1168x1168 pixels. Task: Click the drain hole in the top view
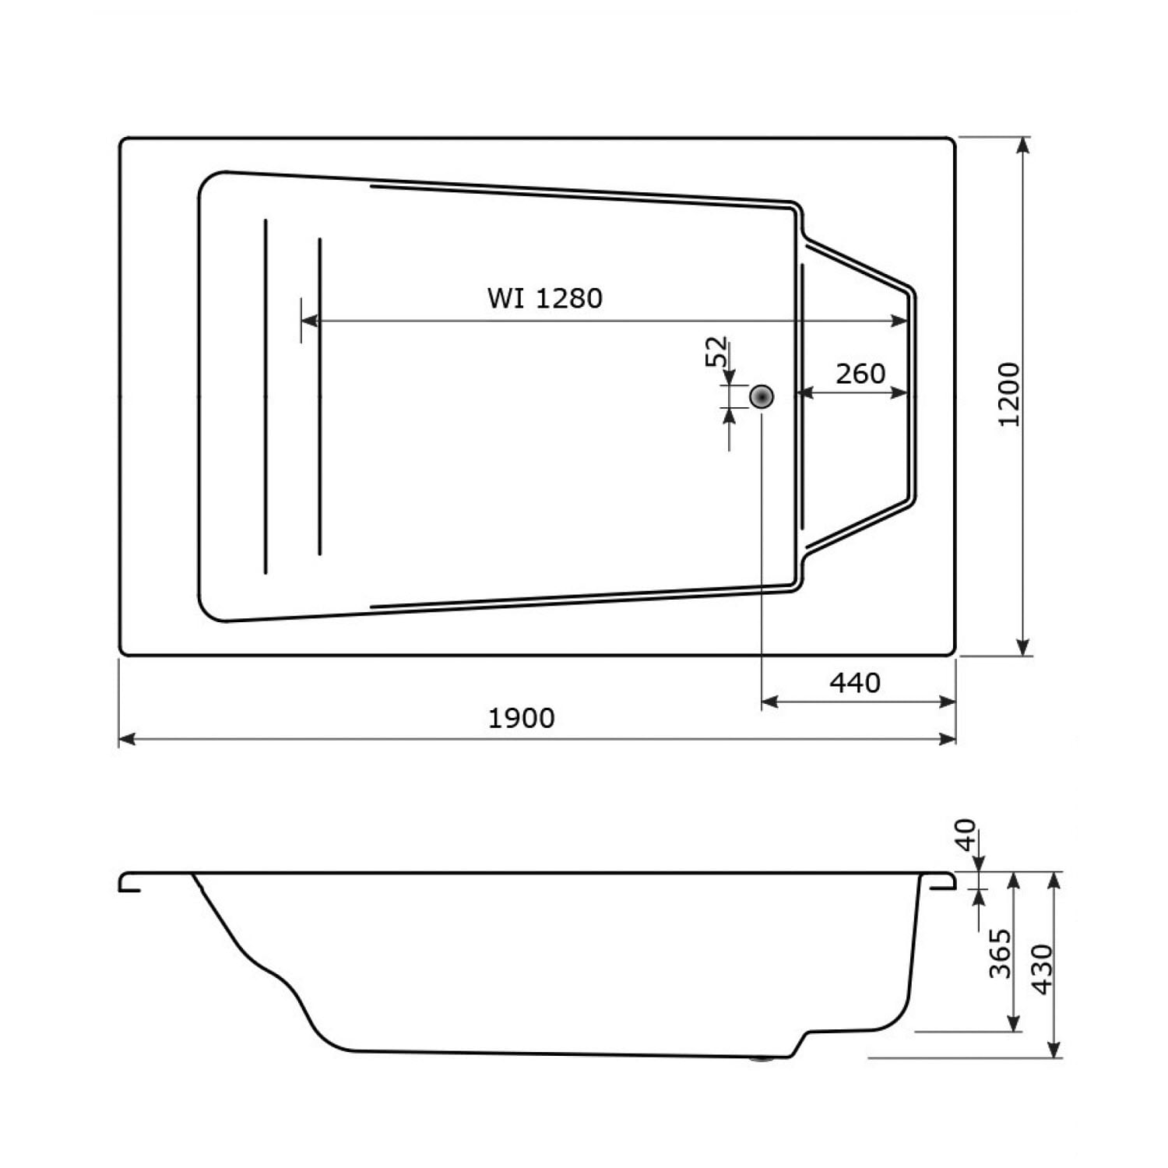762,396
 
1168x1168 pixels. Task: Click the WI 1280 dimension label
545,298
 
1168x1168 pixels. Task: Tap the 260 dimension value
860,374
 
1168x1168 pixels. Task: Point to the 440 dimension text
855,683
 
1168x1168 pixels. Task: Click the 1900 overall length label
522,718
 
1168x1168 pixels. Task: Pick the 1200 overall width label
1008,394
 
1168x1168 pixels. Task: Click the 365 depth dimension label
1000,953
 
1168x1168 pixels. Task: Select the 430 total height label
1041,969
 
